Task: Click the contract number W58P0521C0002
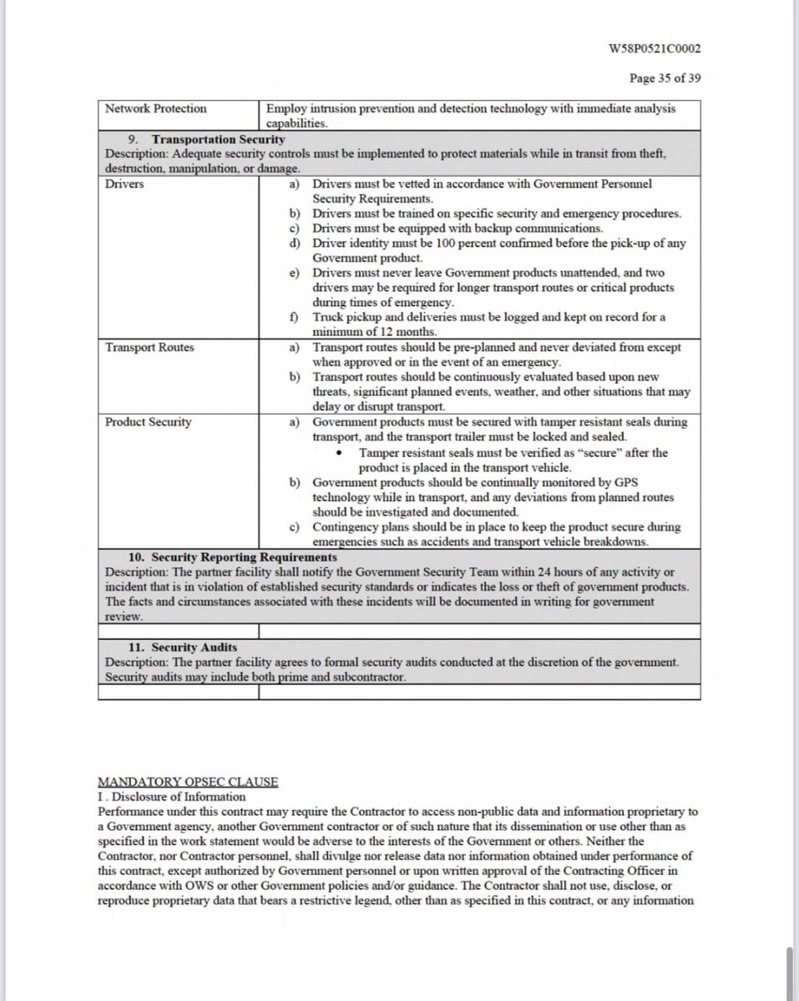coord(655,48)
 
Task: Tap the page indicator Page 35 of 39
coord(665,78)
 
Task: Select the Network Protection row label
coord(156,109)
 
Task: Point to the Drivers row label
coord(124,184)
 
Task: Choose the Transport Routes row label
coord(149,347)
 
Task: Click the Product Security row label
coord(149,422)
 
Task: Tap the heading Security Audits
coord(196,647)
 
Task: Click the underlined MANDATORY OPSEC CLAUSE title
coord(188,782)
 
